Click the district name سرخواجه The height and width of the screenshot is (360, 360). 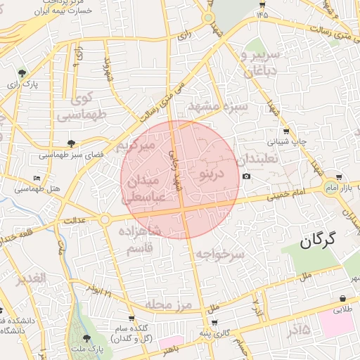(219, 254)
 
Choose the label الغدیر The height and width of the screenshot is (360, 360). (32, 278)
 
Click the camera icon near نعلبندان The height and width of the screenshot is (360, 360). (245, 176)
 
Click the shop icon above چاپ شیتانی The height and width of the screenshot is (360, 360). (286, 131)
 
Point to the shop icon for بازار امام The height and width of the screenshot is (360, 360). (340, 177)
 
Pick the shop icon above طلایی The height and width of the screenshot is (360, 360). (342, 298)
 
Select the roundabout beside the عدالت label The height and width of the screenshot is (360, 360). (104, 220)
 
